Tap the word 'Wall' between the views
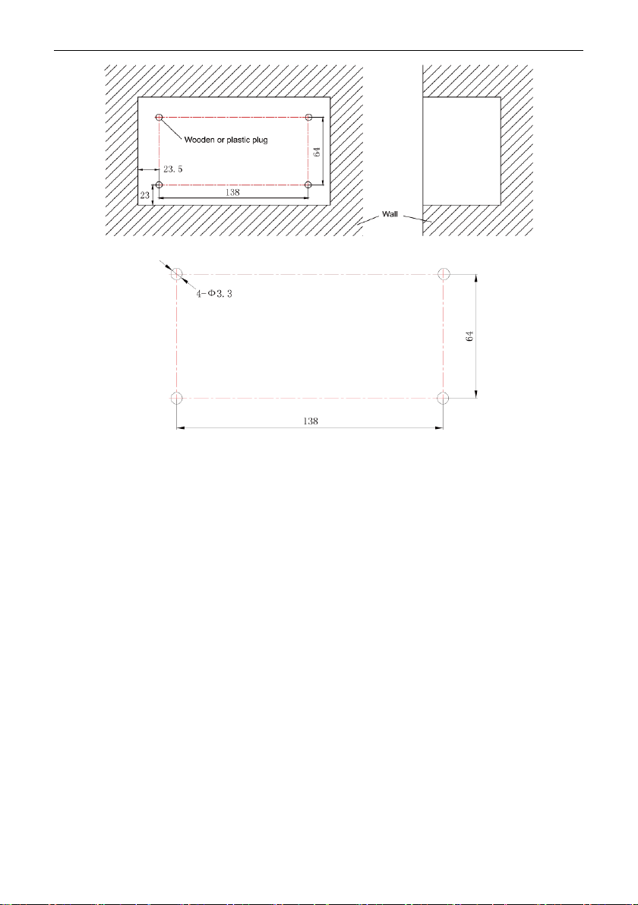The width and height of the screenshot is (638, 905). point(390,214)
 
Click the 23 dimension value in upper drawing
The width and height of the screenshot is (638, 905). point(144,196)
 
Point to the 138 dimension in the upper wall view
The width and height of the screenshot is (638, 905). point(232,193)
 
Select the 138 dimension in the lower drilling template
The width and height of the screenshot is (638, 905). point(311,421)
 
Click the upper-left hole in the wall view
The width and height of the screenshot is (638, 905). point(159,117)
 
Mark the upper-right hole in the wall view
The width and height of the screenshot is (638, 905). point(309,117)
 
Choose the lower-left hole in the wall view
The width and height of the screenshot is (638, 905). point(159,184)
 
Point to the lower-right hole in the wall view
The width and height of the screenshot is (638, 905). point(309,184)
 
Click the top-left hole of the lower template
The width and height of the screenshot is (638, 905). point(177,273)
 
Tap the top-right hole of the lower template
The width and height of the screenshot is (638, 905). point(444,273)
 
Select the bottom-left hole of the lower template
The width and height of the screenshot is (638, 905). point(177,399)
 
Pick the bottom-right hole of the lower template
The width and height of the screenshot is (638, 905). point(444,399)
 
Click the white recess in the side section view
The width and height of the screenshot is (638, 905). point(461,151)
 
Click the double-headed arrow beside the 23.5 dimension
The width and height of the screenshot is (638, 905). point(148,170)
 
